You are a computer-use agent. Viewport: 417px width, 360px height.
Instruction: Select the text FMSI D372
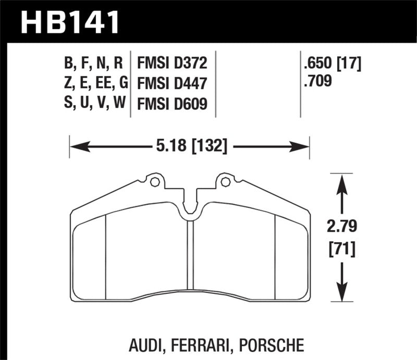tap(172, 64)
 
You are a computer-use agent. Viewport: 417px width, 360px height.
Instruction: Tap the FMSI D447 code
tap(172, 83)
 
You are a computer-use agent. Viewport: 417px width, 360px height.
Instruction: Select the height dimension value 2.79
tap(342, 227)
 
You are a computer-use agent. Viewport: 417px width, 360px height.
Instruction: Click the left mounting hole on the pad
tap(154, 182)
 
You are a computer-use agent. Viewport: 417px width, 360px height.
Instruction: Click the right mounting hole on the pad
tap(225, 182)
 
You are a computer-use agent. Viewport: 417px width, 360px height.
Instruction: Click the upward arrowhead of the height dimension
tap(342, 180)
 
